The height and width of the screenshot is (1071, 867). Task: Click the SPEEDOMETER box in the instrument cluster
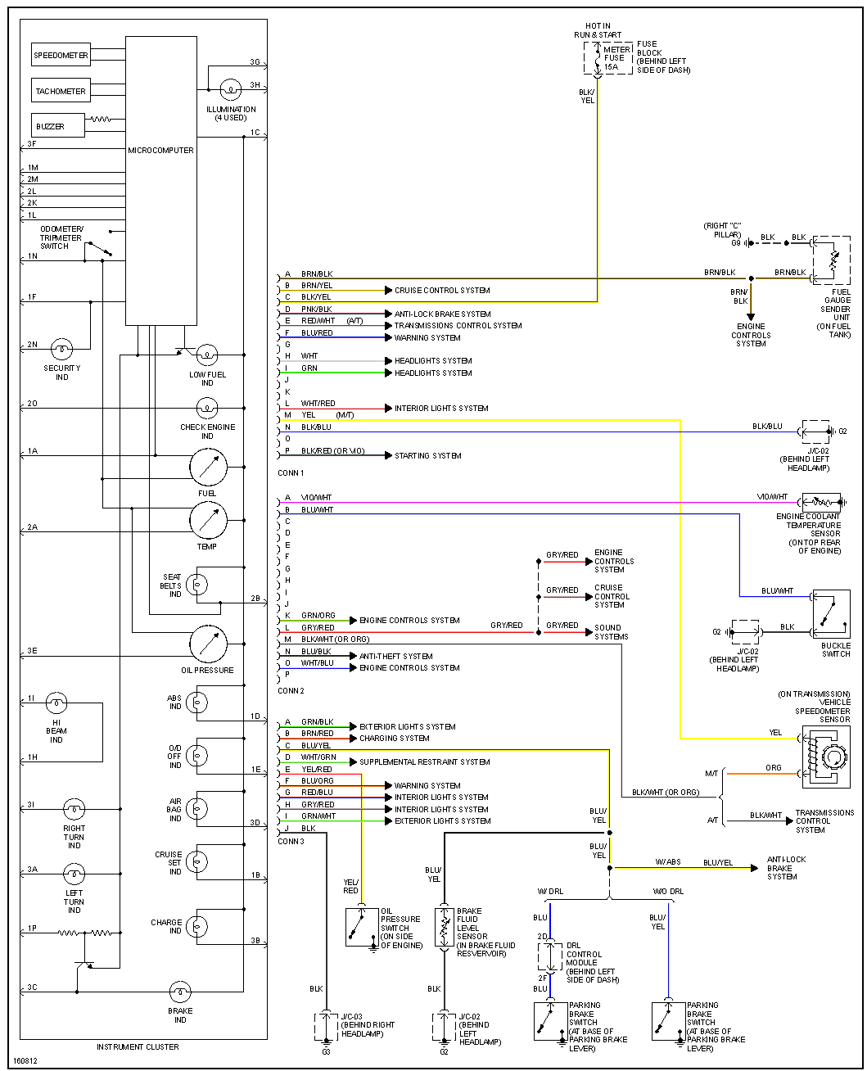(61, 56)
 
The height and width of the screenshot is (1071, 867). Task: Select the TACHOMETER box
(61, 91)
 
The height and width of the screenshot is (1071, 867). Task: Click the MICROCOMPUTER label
(160, 150)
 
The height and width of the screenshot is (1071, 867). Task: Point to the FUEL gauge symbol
(208, 468)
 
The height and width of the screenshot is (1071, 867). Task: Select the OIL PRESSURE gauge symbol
(208, 644)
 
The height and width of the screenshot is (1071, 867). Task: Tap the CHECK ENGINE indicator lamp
(207, 408)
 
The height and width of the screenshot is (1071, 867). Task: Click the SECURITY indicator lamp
(62, 350)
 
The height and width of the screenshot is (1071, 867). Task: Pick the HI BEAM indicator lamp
(56, 703)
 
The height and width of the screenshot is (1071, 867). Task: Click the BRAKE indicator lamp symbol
(180, 992)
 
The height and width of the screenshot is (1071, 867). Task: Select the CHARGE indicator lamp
(197, 926)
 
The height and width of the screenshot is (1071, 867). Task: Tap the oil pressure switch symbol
(361, 927)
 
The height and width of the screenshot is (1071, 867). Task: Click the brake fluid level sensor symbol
(445, 927)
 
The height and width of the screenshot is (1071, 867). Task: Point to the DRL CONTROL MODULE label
(584, 962)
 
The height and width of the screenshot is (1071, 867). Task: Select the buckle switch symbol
(831, 613)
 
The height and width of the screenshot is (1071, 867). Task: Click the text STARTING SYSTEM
(427, 456)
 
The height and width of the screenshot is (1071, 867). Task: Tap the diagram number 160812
(25, 1061)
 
